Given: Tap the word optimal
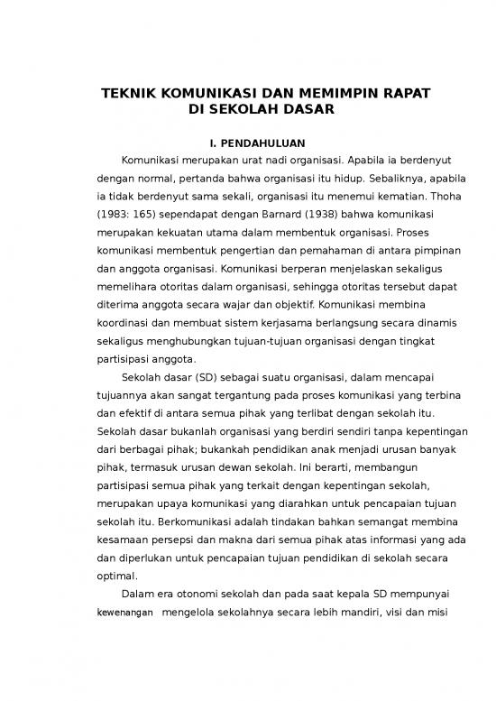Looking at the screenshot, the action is coord(117,575).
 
